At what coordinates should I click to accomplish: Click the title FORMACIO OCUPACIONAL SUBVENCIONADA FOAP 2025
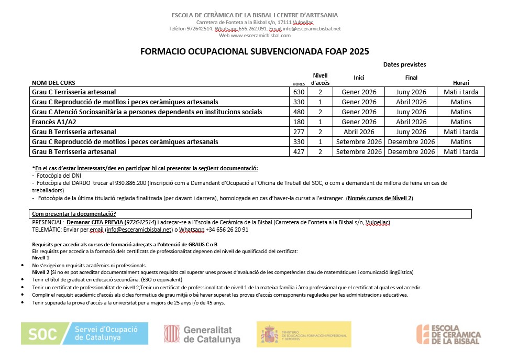point(255,51)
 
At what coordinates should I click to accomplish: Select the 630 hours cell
point(299,92)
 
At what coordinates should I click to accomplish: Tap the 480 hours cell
point(299,112)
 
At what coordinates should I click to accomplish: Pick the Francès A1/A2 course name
point(54,122)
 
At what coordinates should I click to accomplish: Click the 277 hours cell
point(299,132)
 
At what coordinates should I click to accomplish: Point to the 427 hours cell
point(299,152)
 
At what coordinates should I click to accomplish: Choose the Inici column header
point(359,78)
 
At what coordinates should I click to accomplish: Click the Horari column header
point(461,83)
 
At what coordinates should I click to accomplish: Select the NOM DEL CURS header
point(53,83)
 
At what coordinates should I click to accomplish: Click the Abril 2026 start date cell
point(359,132)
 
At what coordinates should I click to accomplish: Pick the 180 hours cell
point(299,122)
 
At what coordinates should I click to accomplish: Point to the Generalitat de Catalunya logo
point(202,334)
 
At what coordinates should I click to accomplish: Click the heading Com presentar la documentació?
point(74,214)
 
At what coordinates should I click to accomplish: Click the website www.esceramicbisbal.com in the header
point(255,36)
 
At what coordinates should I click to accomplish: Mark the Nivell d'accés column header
point(320,79)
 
